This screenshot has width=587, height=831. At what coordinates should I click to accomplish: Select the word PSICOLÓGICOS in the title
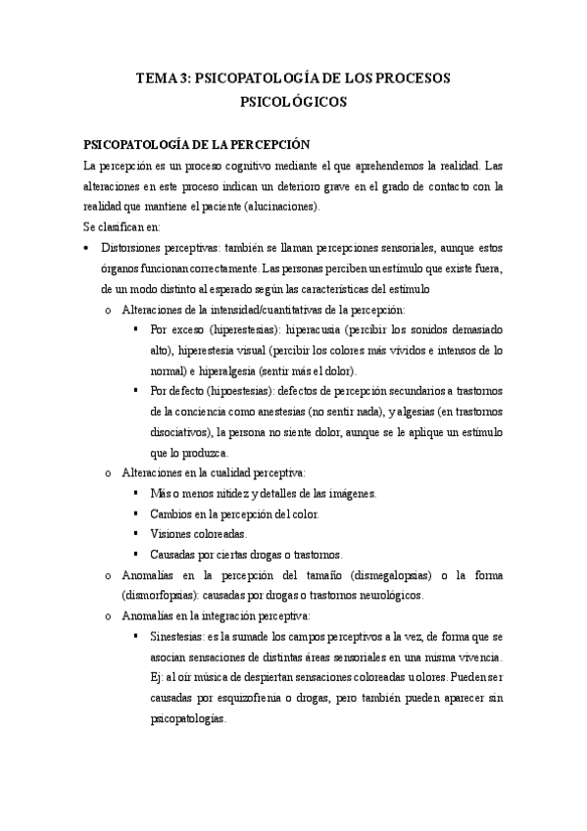293,100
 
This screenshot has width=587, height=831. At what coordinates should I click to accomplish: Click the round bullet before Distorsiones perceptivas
89,249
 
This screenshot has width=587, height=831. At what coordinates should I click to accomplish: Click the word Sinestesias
178,636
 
